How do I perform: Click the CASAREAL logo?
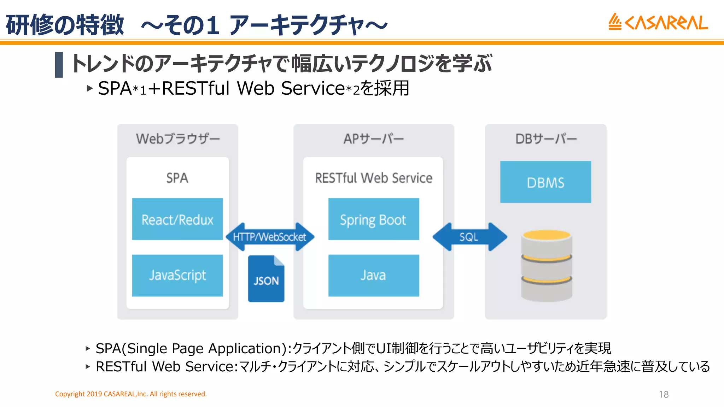658,22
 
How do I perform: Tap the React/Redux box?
177,219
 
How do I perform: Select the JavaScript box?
177,275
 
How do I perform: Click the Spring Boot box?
373,219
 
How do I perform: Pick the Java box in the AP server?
373,275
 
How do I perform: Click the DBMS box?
545,182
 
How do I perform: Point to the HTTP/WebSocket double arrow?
269,237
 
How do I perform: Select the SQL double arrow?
469,237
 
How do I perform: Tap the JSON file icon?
266,279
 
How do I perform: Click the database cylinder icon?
547,266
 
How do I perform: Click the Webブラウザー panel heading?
178,139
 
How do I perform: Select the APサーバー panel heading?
374,139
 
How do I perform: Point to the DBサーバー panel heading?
546,139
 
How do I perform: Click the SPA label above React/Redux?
177,178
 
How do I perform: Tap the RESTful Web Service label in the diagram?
374,178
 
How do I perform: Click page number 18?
664,394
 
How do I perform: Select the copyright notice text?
131,394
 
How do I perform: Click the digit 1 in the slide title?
213,25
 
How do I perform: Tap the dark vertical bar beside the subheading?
59,65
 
